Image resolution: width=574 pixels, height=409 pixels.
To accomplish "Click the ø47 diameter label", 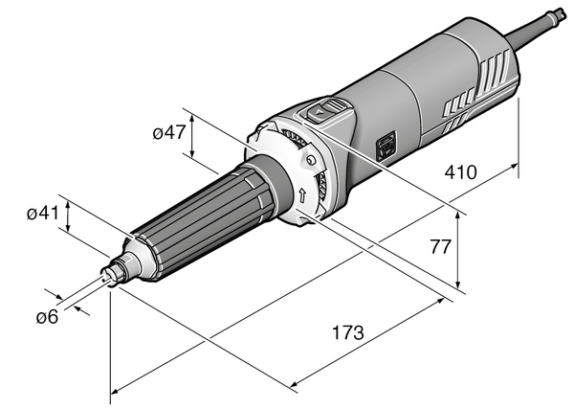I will [168, 134].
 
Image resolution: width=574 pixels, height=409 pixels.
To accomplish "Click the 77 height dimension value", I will [439, 246].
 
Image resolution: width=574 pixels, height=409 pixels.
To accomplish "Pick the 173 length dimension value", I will [347, 333].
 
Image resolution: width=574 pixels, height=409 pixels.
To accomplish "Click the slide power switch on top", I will [327, 111].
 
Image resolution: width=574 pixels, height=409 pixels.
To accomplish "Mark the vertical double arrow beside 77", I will [461, 249].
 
